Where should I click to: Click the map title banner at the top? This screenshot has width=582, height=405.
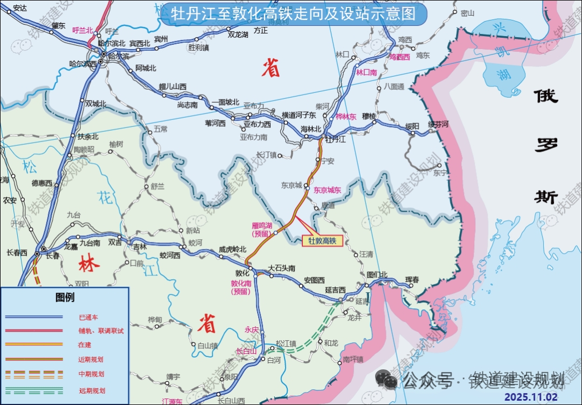pos(294,14)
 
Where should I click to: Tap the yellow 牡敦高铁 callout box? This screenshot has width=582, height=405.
pos(322,241)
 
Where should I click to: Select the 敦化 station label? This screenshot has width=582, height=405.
pos(242,273)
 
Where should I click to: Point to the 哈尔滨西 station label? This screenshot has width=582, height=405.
pos(83,64)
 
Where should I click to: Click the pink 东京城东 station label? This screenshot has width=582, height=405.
pos(328,190)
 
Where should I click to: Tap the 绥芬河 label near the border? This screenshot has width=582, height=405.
pos(438,124)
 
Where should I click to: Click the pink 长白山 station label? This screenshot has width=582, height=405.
pos(246,352)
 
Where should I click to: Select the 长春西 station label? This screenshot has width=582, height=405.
pos(17,252)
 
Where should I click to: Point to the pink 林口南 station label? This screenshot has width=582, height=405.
pos(366,71)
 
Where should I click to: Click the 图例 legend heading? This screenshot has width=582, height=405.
pos(65,298)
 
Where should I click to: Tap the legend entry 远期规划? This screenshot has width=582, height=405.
pos(92,391)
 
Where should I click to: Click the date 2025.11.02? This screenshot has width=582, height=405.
pos(531,397)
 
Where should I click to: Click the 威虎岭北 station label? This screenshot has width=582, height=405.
pos(232,249)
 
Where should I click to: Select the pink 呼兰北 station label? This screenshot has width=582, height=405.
pos(83,30)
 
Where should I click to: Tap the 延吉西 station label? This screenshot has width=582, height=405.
pos(336,290)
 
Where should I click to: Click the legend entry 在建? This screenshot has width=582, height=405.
pos(85,345)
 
